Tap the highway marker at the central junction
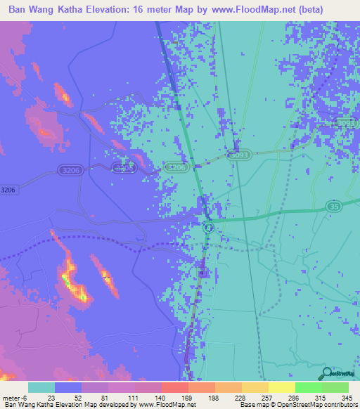pos(208,228)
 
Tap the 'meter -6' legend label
pos(15,398)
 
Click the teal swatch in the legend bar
pos(41,387)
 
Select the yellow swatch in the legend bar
pos(282,387)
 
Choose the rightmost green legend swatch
pos(335,387)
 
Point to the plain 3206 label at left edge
pos(8,190)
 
